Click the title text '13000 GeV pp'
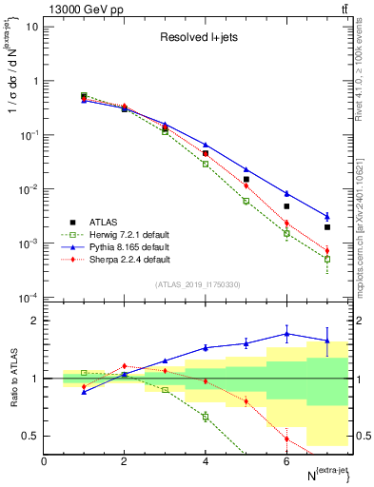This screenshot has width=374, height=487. coord(83,9)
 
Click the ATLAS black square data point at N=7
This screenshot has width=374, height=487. coord(327,227)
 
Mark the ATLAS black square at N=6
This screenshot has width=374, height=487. coord(286,206)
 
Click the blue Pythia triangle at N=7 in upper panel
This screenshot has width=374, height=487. coord(327,217)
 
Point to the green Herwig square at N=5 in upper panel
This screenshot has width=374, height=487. coord(246,201)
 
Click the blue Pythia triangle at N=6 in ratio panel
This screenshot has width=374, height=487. coord(286,334)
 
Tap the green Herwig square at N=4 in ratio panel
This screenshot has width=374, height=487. coord(205,417)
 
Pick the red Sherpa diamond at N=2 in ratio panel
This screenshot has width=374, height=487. coord(124,366)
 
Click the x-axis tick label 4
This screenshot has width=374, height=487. coord(205,461)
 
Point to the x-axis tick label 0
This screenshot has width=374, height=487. coord(44,461)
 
